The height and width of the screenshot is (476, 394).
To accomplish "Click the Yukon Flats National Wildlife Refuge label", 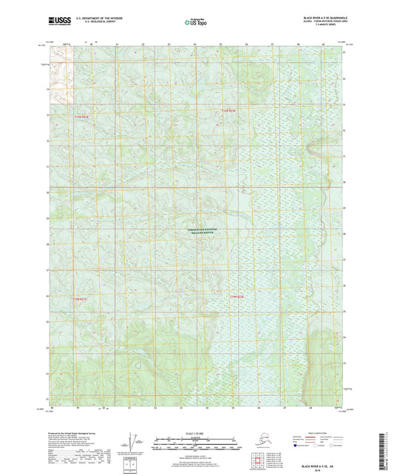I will [x=202, y=234].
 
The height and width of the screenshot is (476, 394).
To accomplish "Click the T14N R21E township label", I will [x=80, y=299].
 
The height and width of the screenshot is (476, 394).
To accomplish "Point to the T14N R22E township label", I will [x=236, y=297].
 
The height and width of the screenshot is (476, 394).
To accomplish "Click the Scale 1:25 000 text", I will [x=196, y=433].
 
